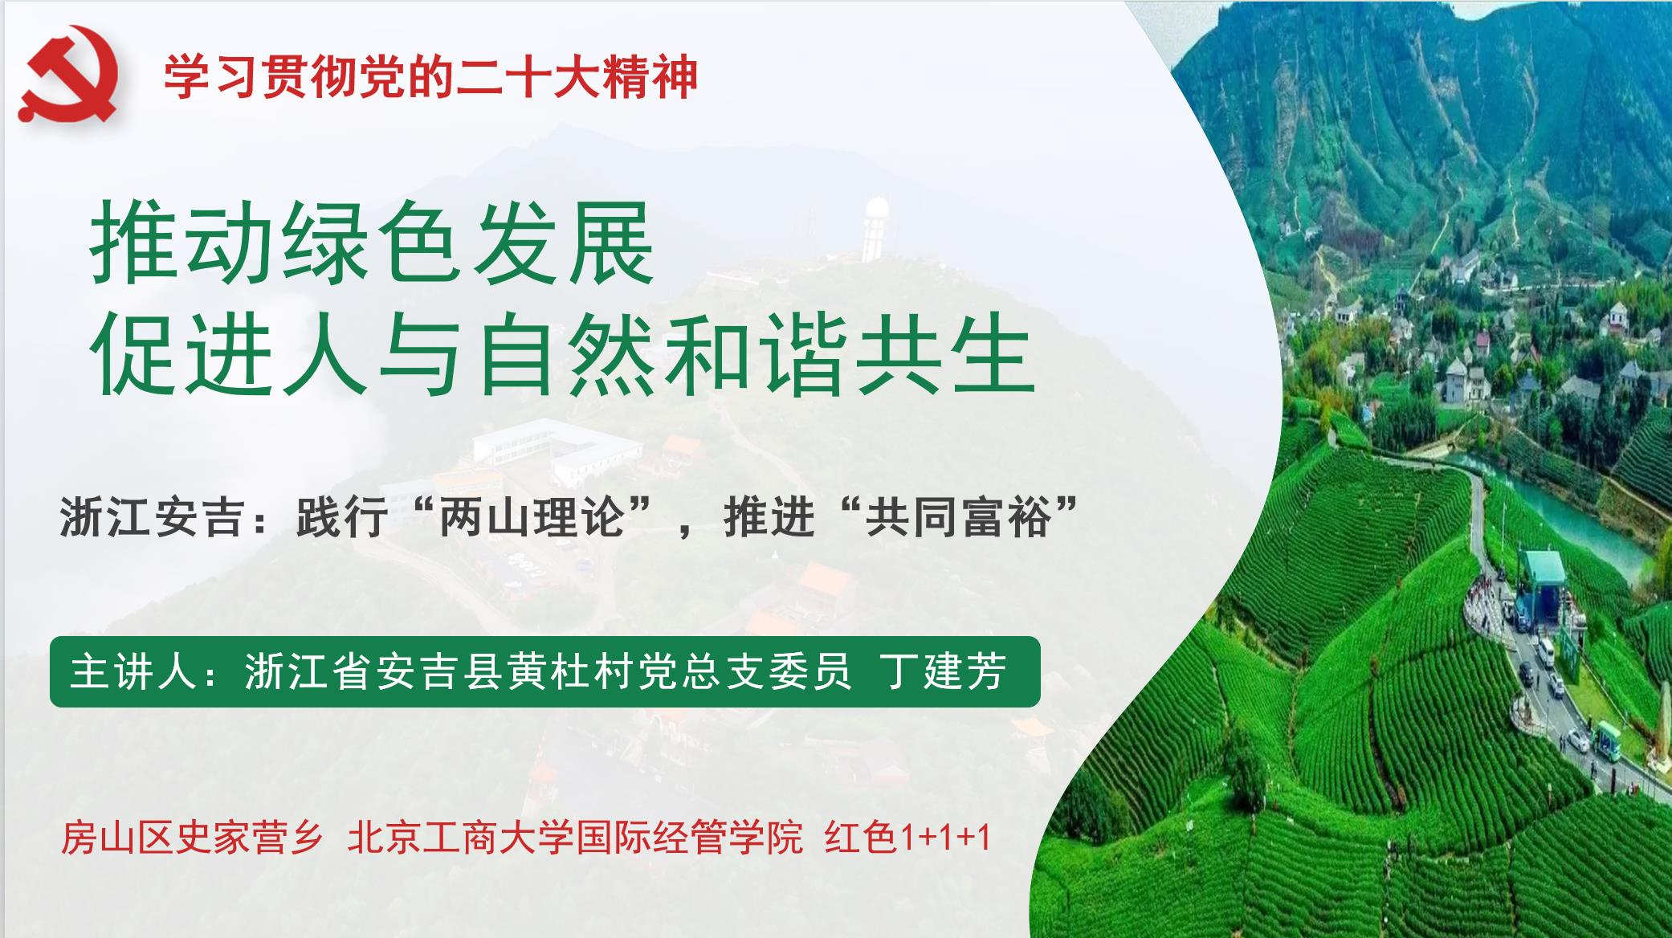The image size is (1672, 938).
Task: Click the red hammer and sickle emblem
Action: [69, 74]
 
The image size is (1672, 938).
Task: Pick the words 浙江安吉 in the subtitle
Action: [152, 516]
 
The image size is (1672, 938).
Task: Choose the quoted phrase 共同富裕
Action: [957, 516]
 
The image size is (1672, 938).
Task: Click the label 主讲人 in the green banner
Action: [133, 671]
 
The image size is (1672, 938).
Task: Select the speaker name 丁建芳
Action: [944, 671]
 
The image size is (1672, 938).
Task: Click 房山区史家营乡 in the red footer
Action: [191, 838]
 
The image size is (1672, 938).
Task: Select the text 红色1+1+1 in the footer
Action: [907, 838]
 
